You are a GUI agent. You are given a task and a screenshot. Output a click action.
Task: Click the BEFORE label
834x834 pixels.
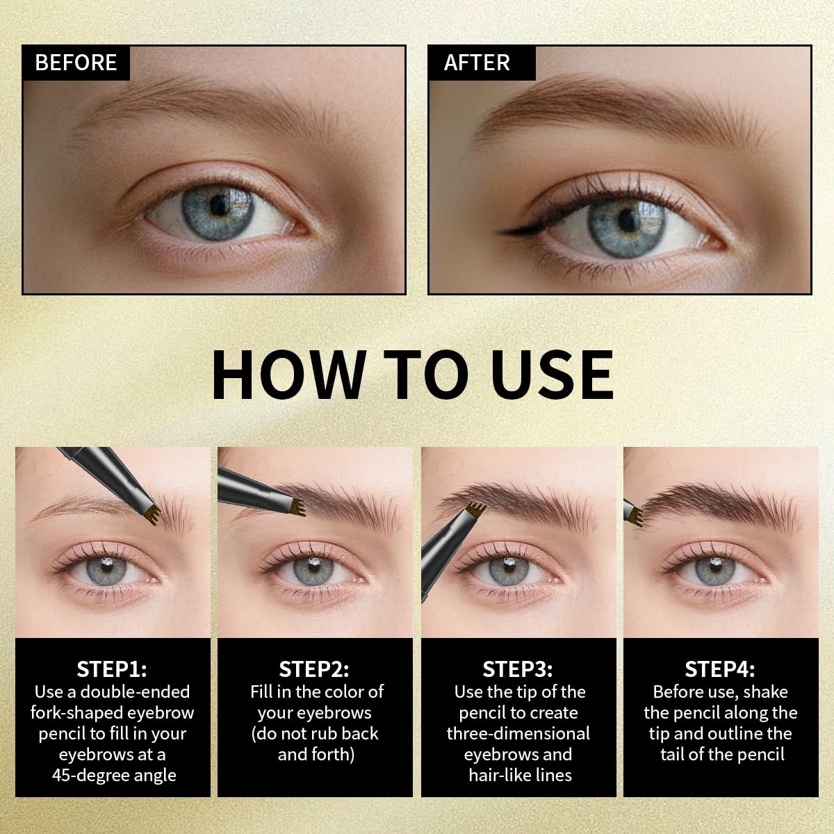(76, 63)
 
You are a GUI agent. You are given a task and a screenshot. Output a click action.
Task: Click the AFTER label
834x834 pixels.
(477, 63)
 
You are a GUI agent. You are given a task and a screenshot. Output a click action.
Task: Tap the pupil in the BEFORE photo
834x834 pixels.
(222, 204)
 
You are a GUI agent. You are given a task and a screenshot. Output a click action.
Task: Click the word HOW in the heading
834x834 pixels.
(288, 375)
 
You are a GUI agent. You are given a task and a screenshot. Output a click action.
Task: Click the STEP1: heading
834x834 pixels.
(112, 669)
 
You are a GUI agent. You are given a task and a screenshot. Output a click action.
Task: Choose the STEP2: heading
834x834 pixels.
(314, 669)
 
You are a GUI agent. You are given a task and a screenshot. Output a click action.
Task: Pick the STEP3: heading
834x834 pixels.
(518, 669)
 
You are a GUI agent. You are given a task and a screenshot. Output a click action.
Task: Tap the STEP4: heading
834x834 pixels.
(720, 669)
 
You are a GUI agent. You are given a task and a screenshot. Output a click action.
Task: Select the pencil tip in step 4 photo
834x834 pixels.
(634, 515)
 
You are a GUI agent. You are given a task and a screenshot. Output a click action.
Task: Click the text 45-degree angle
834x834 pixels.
(114, 775)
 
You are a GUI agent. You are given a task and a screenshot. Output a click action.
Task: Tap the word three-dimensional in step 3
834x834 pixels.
(518, 733)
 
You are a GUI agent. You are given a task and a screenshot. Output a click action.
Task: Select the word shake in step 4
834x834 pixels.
(765, 692)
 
